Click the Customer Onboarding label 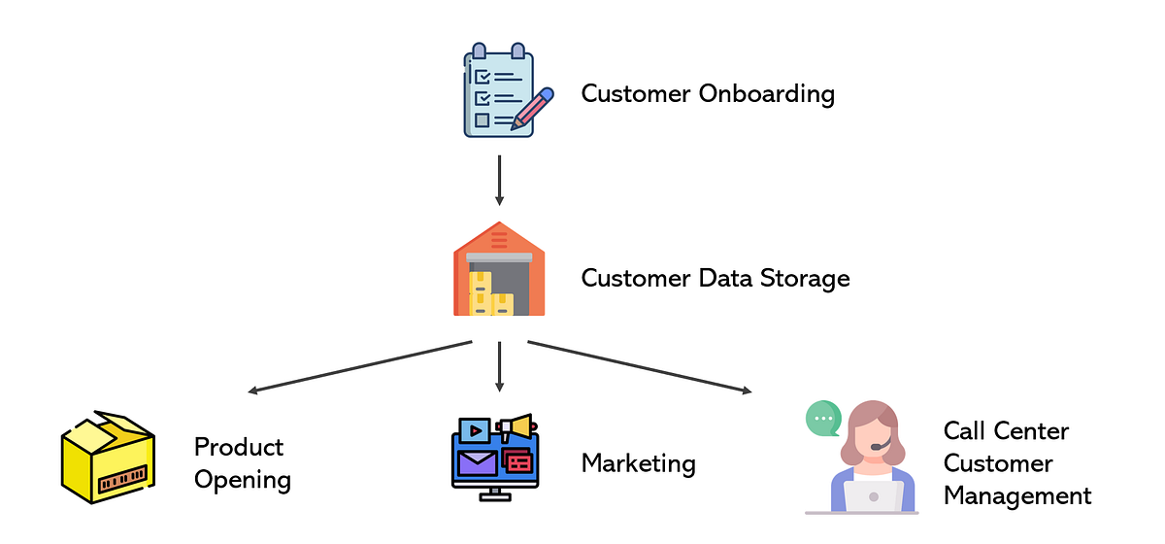(708, 94)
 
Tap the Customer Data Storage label (716, 279)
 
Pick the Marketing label (638, 463)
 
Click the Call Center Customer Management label (1016, 463)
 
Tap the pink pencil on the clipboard (534, 109)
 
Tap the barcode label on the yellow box (119, 479)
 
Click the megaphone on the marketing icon (516, 426)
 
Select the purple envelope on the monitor (478, 462)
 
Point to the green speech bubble (823, 419)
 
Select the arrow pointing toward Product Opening (359, 367)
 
